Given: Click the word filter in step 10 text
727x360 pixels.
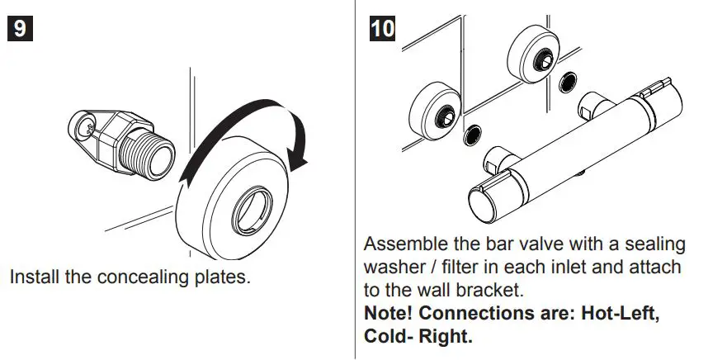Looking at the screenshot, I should [x=465, y=268].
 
